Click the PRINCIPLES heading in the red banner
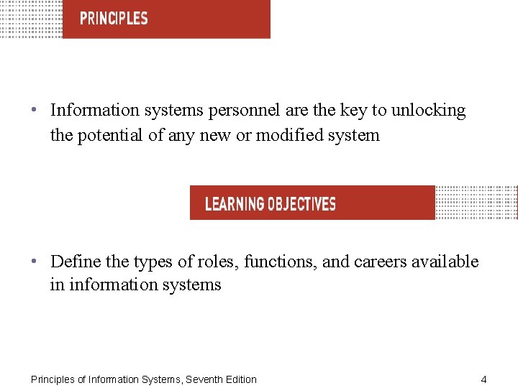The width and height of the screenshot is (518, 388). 114,19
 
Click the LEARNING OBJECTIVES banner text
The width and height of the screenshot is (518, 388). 270,204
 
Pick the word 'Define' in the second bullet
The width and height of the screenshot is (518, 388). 75,262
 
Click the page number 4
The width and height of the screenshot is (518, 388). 484,379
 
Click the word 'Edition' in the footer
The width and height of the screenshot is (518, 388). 241,379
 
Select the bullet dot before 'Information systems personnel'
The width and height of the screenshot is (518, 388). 35,111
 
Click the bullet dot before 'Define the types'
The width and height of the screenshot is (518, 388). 35,262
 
